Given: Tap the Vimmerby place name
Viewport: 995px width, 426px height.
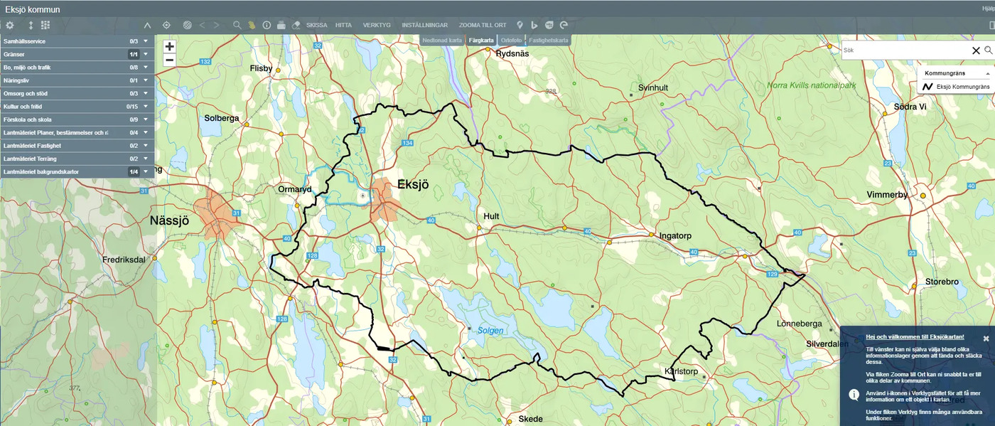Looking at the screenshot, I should coord(888,194).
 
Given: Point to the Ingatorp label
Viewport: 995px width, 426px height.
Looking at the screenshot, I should coord(675,235).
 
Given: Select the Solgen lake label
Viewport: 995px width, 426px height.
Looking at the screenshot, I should coord(490,331).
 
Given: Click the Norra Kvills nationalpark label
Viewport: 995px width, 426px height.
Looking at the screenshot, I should coord(812,85).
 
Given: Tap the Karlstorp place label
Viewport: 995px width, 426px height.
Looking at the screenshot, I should coord(681,371).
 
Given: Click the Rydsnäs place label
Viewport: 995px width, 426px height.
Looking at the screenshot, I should coord(512,53).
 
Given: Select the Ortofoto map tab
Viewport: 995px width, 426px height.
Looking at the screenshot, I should coord(511,41).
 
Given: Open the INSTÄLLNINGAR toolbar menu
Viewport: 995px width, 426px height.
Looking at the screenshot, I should coord(424,25).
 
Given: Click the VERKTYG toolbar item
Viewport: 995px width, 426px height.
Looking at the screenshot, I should coord(377,25).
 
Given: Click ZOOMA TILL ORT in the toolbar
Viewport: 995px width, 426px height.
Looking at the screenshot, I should coord(483,25).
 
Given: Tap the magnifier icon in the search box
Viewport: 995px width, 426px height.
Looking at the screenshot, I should coord(988,50).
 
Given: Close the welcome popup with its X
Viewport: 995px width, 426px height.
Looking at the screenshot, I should coord(986,339).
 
